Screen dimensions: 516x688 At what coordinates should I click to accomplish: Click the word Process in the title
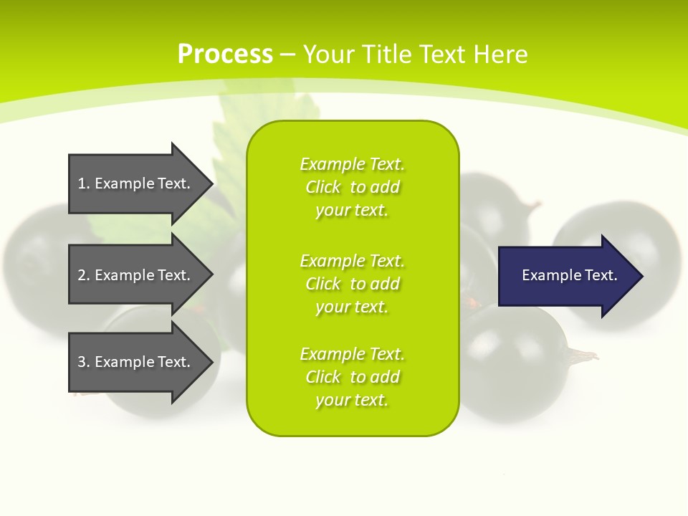(225, 54)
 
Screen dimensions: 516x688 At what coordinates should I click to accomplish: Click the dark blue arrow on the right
(566, 276)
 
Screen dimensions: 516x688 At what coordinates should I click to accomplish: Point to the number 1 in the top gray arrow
(82, 183)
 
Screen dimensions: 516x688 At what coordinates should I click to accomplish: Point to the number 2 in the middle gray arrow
(82, 275)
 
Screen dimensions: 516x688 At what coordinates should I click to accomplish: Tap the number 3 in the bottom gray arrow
(82, 362)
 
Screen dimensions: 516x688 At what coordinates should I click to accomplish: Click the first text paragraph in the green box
(352, 187)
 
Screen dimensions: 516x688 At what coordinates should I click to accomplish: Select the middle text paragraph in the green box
(352, 284)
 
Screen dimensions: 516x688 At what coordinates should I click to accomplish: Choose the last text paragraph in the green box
(352, 377)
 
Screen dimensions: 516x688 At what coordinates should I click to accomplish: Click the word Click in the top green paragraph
(323, 187)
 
